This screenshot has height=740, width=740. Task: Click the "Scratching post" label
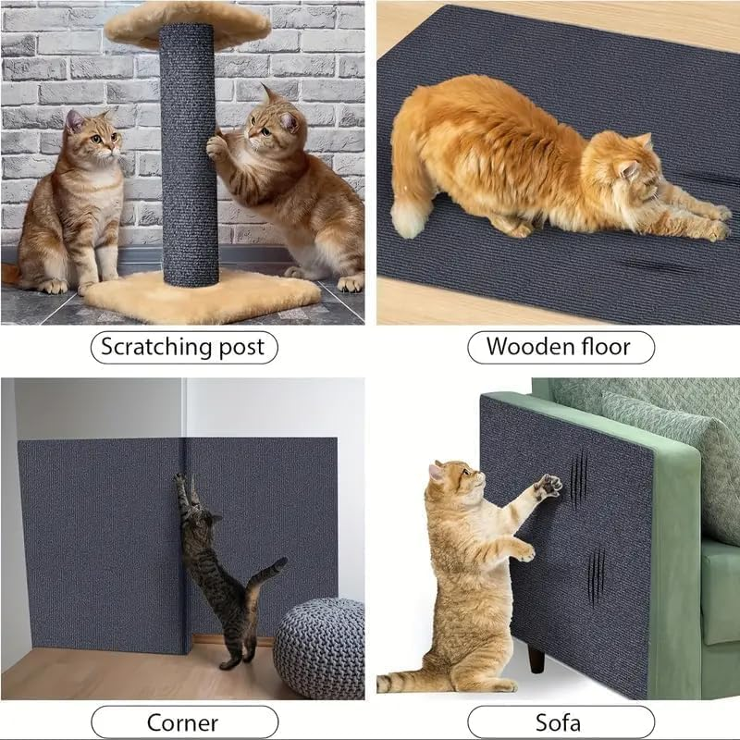pyautogui.click(x=182, y=348)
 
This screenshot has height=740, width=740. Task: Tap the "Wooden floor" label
pyautogui.click(x=559, y=348)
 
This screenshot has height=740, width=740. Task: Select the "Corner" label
pyautogui.click(x=182, y=722)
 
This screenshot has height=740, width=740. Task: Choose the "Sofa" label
pyautogui.click(x=559, y=722)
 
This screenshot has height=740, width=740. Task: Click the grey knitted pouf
pyautogui.click(x=318, y=647)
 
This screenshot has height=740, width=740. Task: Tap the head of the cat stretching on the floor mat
pyautogui.click(x=629, y=166)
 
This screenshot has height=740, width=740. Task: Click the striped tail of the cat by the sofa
pyautogui.click(x=407, y=683)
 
